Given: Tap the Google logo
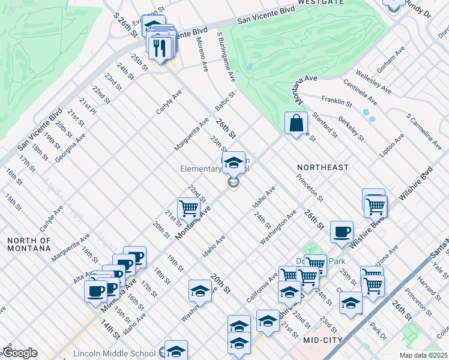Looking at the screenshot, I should tap(20, 353).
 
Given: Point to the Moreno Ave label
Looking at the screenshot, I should tap(202, 55).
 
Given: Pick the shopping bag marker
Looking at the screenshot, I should tap(296, 124).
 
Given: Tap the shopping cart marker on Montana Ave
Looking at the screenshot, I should tap(188, 208).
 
